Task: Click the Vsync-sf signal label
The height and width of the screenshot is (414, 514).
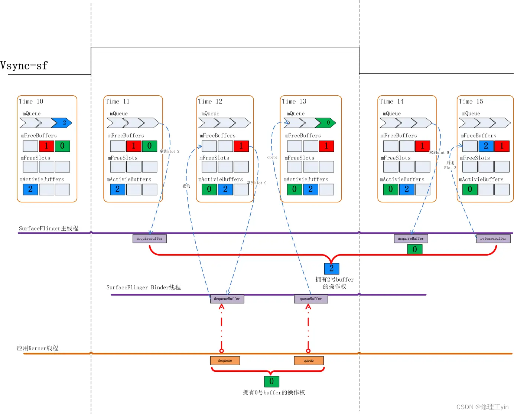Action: [24, 66]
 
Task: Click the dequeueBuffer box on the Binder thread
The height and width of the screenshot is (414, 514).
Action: [227, 299]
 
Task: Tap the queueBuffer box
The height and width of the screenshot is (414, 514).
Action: [311, 299]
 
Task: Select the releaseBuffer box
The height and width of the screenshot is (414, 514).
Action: [493, 239]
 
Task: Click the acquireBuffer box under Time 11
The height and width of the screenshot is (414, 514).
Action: [149, 239]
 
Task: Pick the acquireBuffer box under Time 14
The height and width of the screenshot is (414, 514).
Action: [411, 239]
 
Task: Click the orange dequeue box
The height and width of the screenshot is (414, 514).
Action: [225, 361]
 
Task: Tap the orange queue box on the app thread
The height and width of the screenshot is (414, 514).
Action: [309, 361]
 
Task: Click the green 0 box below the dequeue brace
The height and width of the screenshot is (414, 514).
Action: [271, 381]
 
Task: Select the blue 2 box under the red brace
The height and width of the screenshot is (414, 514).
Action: [331, 268]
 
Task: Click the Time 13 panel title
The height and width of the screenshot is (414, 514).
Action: [294, 102]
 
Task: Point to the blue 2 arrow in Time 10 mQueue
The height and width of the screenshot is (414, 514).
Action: [62, 123]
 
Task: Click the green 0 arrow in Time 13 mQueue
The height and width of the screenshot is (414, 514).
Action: [326, 123]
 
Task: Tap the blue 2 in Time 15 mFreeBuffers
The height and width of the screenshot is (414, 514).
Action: [486, 146]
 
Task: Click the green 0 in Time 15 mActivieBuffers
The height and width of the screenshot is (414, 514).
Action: [470, 189]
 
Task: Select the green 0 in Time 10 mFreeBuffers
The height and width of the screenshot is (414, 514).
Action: [62, 146]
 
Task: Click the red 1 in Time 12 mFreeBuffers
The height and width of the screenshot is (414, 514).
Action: [241, 146]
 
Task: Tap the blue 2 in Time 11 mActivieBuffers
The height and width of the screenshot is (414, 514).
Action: [117, 189]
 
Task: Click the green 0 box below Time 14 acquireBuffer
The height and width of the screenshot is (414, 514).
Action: [415, 249]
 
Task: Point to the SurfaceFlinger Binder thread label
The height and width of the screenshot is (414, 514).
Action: [143, 287]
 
